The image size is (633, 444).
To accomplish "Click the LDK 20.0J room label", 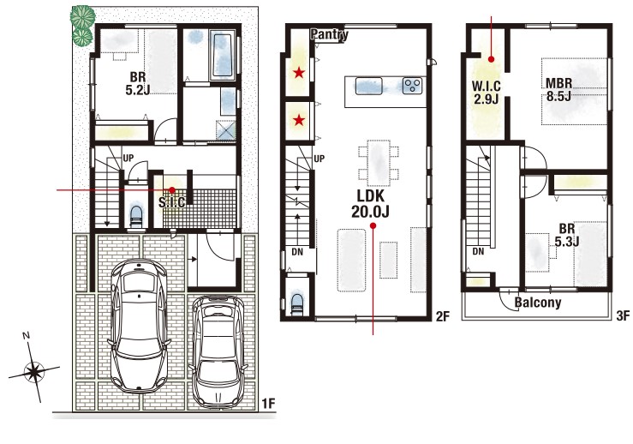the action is pos(370,204).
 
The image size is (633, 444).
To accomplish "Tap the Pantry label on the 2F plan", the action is pos(329,35).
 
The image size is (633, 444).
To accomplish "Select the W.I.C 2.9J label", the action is pos(486,93).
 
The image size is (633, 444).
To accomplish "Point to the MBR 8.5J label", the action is pos(558,90).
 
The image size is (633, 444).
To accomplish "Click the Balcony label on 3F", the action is pos(538,303).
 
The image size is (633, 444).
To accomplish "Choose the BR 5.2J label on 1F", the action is pos(138,83).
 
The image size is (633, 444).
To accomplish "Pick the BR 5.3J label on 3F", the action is pos(567,235).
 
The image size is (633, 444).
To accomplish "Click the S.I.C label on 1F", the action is pos(172,201).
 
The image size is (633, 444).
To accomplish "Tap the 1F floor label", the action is pos(268,403).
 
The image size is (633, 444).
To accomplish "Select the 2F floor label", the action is pos(443,316).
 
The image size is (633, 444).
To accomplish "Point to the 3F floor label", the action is pos(623,315).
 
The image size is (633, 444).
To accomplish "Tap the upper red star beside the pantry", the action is pos(299,73).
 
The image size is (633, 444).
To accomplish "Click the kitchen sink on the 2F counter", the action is pos(369,86).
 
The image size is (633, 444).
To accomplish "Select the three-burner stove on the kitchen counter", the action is pos(412,86).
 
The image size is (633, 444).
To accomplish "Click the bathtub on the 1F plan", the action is pos(222,56).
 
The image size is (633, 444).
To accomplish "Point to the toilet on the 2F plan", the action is pos(297,303).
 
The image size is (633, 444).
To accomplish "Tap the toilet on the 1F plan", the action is pos(136,218).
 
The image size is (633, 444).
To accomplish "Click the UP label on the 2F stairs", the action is pos(319,159).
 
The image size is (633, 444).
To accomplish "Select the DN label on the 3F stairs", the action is pos(478,251).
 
